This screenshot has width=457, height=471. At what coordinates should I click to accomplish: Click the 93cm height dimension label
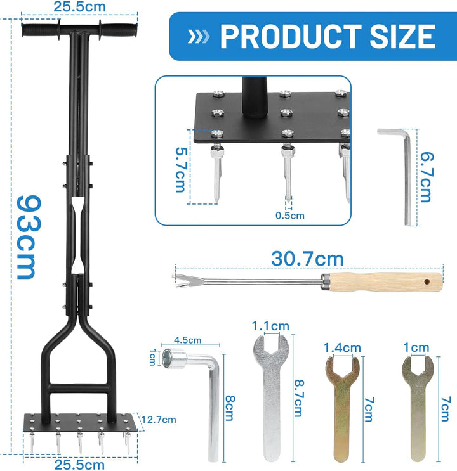[x=29, y=237]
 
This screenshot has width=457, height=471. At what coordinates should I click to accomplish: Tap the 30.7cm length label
[x=307, y=259]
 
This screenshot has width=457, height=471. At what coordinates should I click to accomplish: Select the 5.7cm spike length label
[x=182, y=170]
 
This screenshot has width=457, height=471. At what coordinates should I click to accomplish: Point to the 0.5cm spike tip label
[x=289, y=216]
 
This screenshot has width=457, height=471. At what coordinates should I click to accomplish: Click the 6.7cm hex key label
[x=427, y=177]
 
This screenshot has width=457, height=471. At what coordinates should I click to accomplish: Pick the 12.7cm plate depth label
[x=159, y=419]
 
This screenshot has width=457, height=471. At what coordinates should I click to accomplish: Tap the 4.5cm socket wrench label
[x=187, y=340]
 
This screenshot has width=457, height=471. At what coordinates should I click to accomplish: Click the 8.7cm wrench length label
[x=299, y=398]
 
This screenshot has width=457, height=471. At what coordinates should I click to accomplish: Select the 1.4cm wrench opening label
[x=342, y=348]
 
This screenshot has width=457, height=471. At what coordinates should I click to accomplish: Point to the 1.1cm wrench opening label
[x=270, y=326]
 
